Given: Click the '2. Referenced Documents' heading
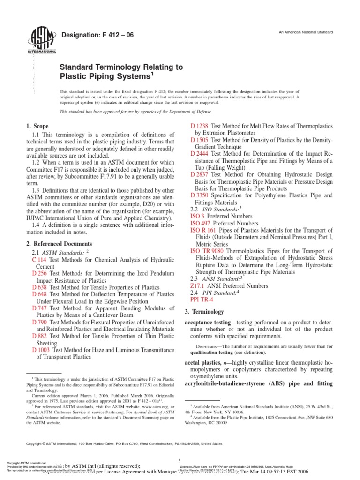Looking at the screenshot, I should pos(59,244).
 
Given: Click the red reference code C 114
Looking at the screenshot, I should pos(39,260).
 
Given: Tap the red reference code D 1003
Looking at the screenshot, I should pos(42,349).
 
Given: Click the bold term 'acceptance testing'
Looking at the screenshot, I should pos(210,323).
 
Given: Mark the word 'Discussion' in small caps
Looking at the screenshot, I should pos(210,346).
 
